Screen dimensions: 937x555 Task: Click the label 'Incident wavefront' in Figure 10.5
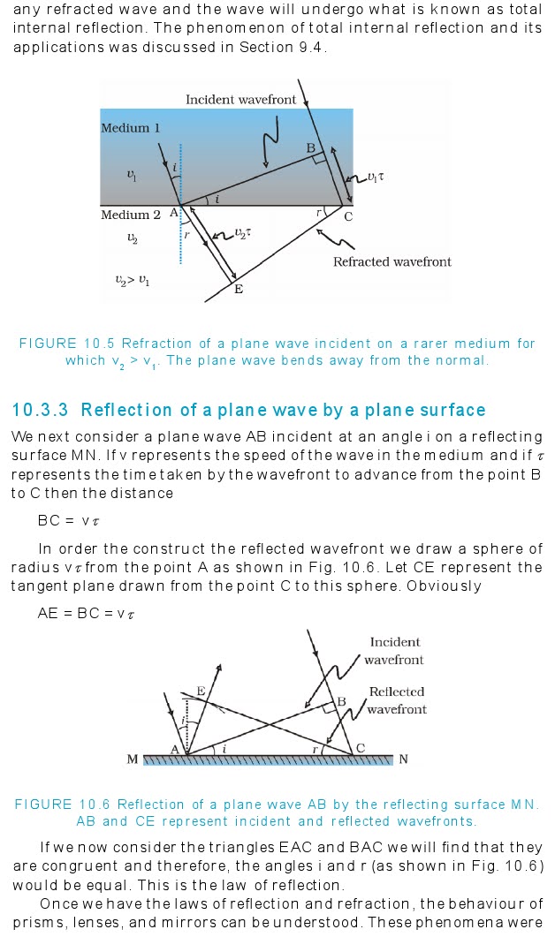pyautogui.click(x=240, y=100)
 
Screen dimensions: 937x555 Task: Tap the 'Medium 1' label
pyautogui.click(x=130, y=128)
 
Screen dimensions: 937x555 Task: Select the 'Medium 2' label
pyautogui.click(x=130, y=215)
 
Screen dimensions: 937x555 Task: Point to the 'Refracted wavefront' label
pyautogui.click(x=392, y=261)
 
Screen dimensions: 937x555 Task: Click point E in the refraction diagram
pyautogui.click(x=238, y=289)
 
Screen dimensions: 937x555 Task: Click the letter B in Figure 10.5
pyautogui.click(x=311, y=147)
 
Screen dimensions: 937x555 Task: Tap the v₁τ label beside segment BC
pyautogui.click(x=376, y=178)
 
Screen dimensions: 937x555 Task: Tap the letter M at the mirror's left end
pyautogui.click(x=133, y=759)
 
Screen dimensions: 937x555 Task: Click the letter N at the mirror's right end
pyautogui.click(x=403, y=759)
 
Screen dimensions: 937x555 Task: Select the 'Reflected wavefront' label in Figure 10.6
pyautogui.click(x=396, y=700)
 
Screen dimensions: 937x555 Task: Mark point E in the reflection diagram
pyautogui.click(x=201, y=691)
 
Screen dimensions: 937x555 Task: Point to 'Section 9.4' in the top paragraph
pyautogui.click(x=282, y=46)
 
